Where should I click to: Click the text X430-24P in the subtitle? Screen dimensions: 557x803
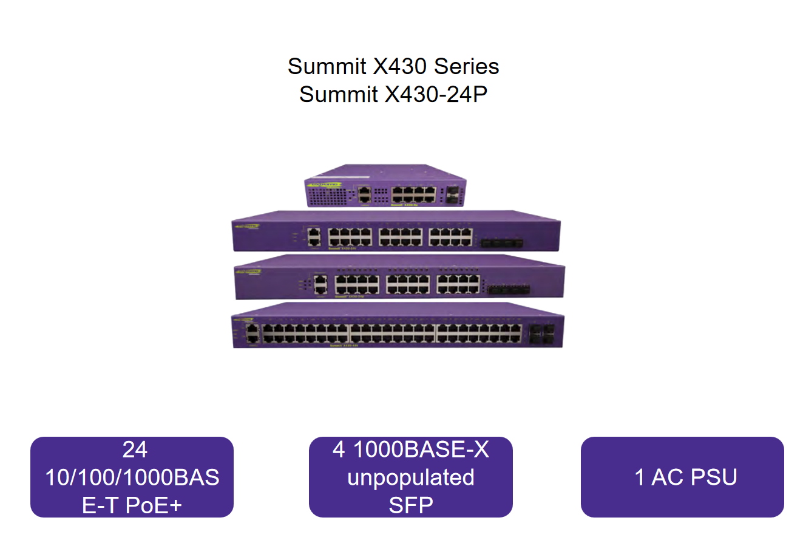click(x=436, y=94)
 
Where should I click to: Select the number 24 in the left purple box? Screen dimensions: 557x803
click(x=134, y=449)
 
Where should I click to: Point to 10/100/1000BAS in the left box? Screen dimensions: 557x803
click(x=132, y=477)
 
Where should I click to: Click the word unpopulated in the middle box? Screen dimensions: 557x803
click(x=411, y=477)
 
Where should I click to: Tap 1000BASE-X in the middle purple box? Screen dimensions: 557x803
click(x=421, y=449)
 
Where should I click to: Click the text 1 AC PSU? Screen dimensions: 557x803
click(x=686, y=477)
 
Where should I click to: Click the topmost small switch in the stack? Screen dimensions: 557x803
click(x=385, y=185)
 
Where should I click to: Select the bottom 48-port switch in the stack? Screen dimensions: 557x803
click(x=398, y=328)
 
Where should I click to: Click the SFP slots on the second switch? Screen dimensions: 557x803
click(x=501, y=243)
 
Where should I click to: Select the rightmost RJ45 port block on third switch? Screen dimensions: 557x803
click(x=458, y=284)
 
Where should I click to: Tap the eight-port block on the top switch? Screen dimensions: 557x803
click(x=413, y=194)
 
